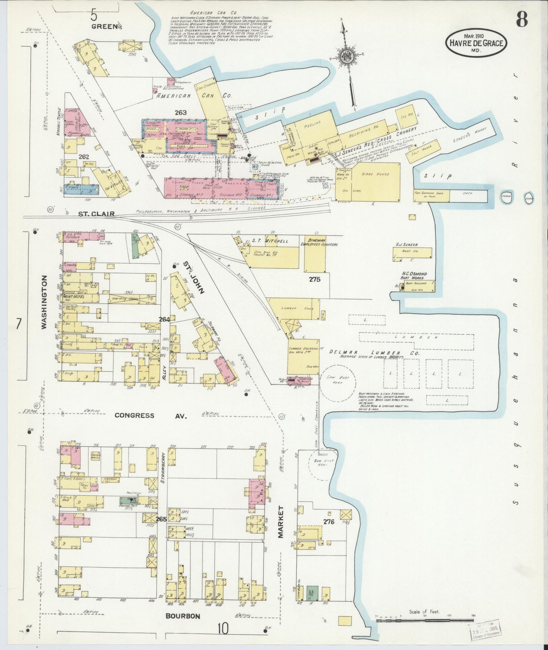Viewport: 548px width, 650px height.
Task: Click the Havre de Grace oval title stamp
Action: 477,43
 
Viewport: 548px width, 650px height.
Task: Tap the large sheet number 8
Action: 521,19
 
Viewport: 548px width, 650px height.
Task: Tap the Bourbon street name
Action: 182,616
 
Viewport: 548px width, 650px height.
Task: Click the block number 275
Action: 314,279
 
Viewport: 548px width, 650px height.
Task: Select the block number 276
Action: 328,521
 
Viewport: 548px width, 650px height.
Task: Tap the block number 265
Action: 161,519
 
